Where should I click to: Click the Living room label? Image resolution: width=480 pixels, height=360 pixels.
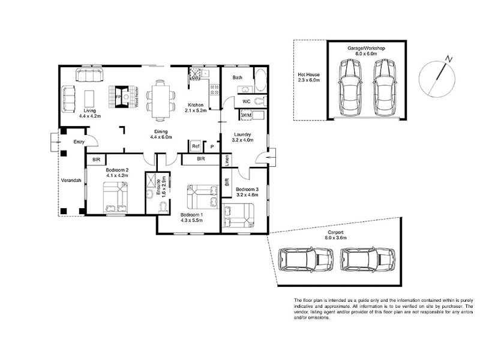pos(89,111)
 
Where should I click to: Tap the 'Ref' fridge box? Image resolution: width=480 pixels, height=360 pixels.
pos(196,146)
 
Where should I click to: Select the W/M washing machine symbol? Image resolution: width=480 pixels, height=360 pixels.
pos(246,115)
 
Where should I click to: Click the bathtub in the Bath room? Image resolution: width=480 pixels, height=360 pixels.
pos(261,80)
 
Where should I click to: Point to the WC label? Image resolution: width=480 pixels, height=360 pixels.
pos(247,101)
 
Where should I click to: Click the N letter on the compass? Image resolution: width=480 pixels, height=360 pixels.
pos(449,59)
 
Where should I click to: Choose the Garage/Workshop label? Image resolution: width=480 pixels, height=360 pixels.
pos(366,48)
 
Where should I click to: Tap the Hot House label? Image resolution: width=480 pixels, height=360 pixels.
pos(308,74)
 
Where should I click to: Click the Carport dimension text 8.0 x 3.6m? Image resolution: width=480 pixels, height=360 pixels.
pos(336,238)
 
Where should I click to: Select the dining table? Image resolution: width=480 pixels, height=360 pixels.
pos(161,101)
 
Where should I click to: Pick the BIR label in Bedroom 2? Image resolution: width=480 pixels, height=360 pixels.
pos(96,160)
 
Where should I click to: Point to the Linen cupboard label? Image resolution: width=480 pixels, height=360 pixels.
pos(227,160)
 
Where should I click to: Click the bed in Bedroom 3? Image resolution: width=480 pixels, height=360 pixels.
pos(238,215)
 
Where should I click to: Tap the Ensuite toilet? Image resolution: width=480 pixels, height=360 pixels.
pos(162,207)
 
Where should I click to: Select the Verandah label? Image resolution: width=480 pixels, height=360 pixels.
pos(71,181)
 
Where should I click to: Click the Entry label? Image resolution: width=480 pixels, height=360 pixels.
pos(79,142)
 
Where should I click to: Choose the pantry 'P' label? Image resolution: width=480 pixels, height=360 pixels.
pos(212,147)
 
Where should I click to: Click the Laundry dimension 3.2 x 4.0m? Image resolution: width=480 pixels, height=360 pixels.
pos(243,140)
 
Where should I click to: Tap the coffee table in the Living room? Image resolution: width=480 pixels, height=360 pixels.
pos(89,98)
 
